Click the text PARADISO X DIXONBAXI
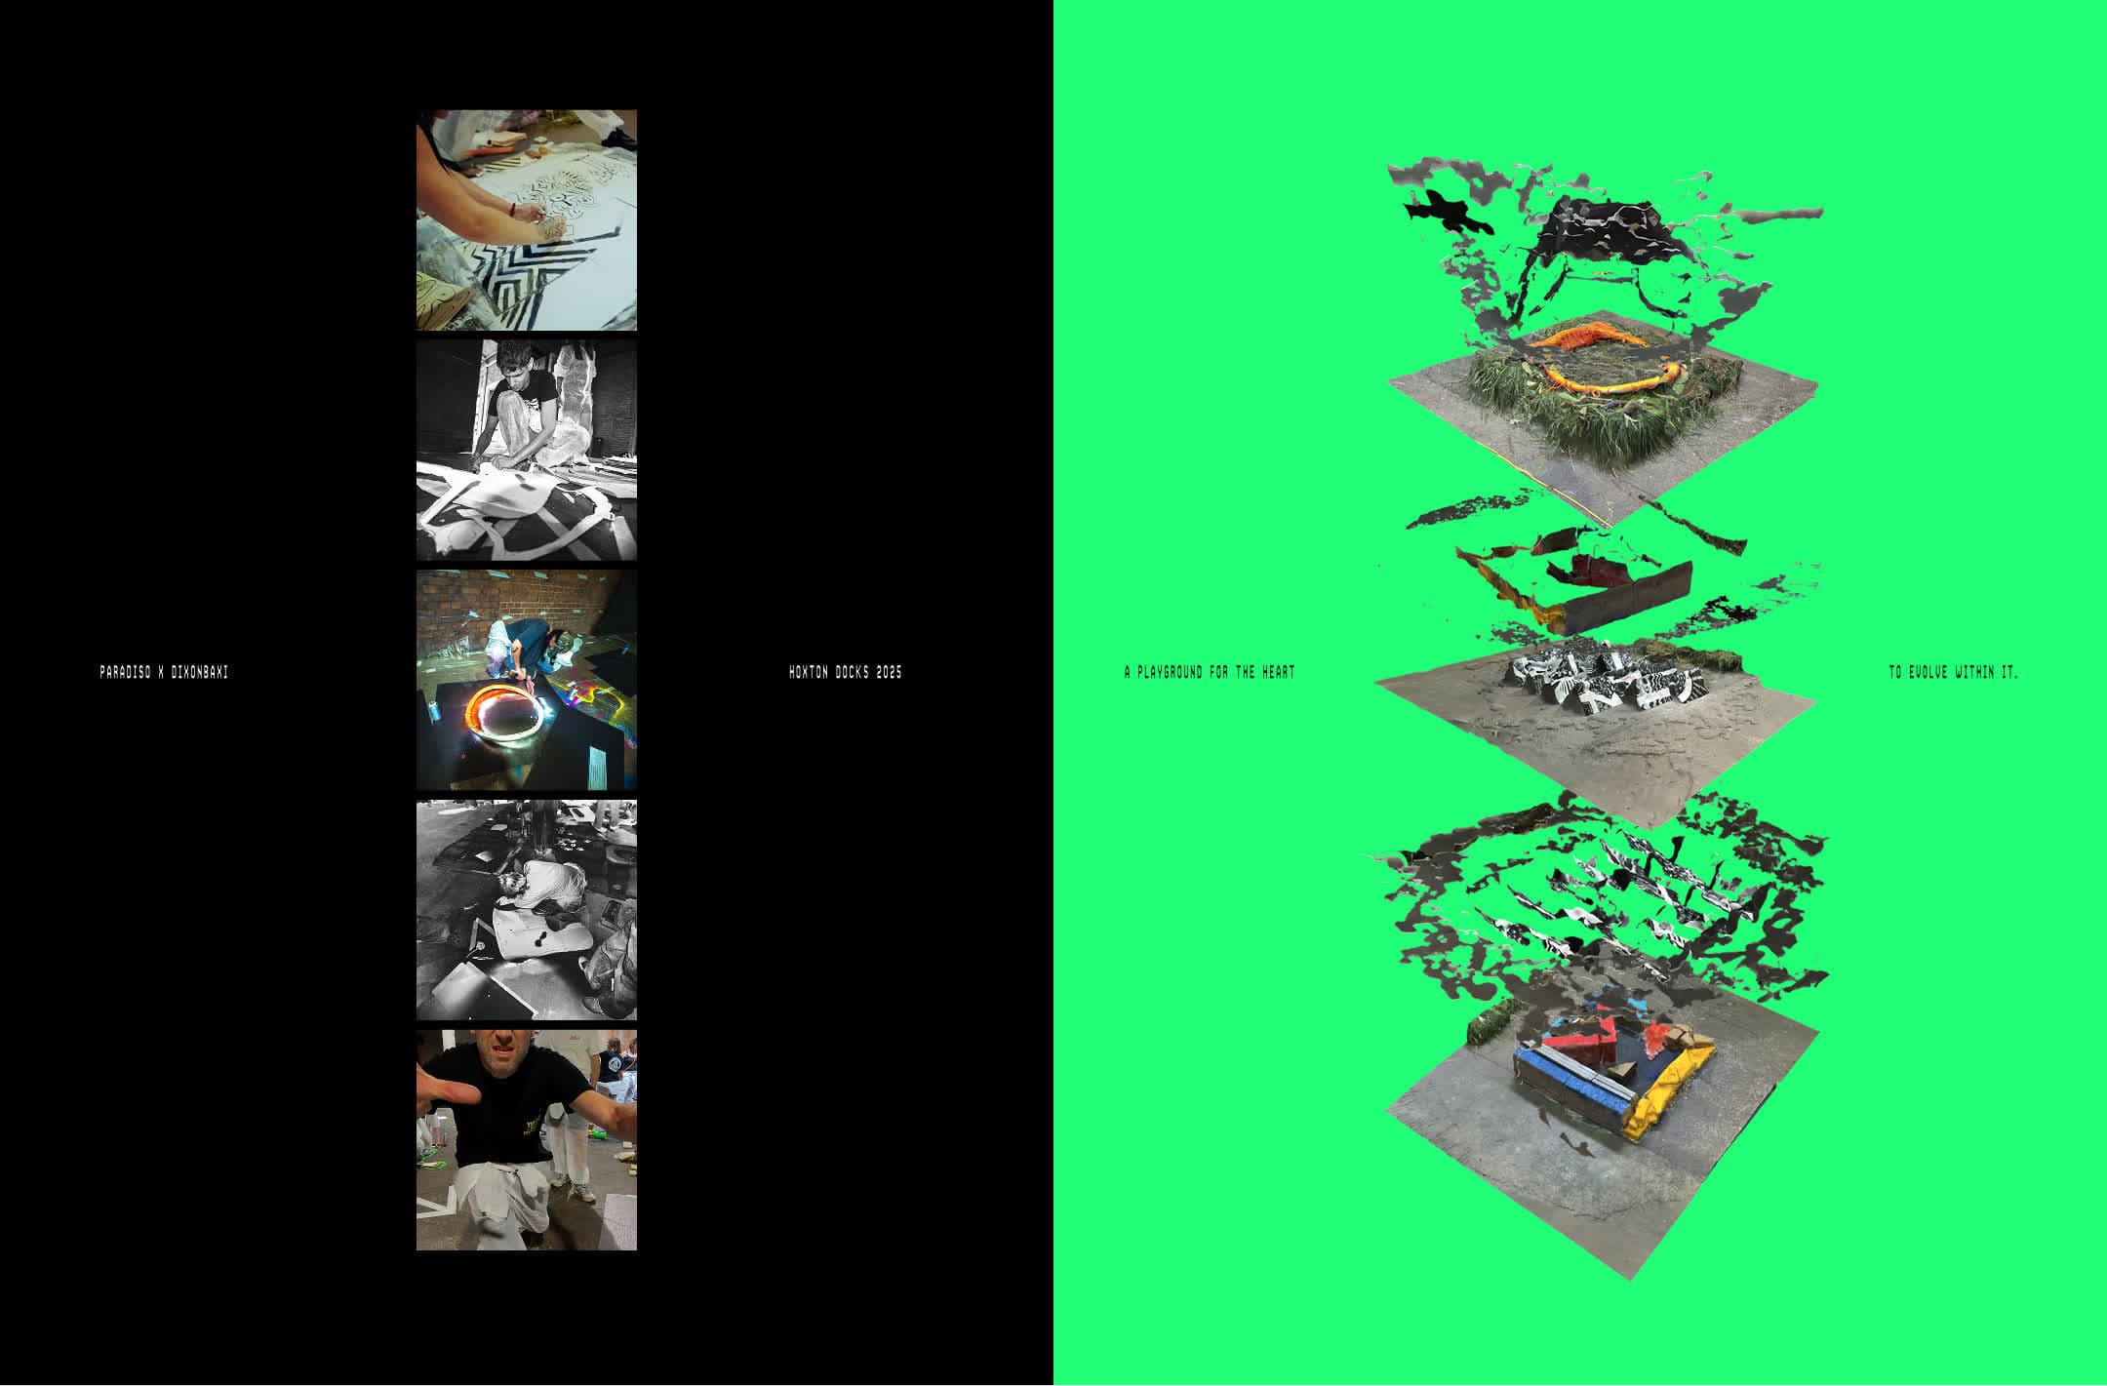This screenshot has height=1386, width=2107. coord(164,672)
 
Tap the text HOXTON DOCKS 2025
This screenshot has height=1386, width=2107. coord(845,672)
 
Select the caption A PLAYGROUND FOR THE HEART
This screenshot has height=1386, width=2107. coord(1210,672)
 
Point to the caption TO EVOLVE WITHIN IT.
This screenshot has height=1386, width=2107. coord(1953,672)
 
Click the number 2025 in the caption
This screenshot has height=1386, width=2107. coord(889,672)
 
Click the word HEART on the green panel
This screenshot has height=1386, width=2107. coord(1278,672)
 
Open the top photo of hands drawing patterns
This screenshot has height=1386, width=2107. coord(527,219)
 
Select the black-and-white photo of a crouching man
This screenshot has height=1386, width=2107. coord(527,450)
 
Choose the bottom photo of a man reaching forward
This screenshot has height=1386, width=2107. coord(527,1139)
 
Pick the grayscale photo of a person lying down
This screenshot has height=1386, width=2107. coord(527,909)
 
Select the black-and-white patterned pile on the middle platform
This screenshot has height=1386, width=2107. coord(1600,678)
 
